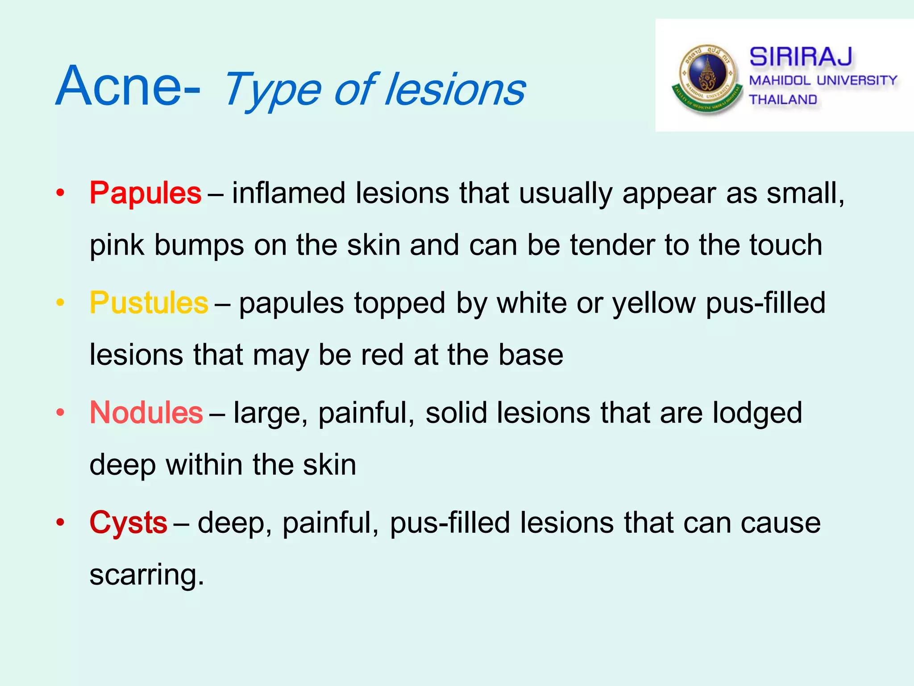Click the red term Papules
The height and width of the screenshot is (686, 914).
point(145,193)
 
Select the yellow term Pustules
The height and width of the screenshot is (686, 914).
point(149,303)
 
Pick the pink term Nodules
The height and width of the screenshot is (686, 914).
point(146,412)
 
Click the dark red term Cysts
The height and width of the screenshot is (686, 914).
point(129,523)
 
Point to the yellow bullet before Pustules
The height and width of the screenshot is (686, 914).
point(60,303)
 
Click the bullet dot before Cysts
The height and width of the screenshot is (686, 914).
point(60,522)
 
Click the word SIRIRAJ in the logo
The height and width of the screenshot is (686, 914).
point(801,57)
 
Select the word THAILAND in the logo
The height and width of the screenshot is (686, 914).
point(783,99)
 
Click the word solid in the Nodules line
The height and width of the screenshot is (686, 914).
point(456,412)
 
